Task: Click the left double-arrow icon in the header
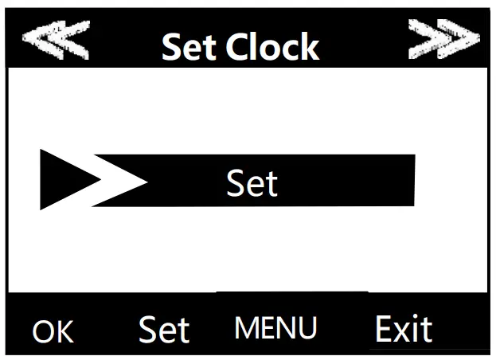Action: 55,41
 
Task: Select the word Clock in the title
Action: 273,48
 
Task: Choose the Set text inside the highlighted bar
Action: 252,183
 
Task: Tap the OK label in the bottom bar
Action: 53,331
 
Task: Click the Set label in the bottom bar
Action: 164,329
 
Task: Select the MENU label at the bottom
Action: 276,327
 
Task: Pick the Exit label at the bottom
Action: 404,328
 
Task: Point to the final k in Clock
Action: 310,48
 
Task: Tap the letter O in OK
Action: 44,331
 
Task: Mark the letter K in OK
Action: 64,331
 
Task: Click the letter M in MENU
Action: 247,327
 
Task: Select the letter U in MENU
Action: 308,327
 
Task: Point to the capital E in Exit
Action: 383,328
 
